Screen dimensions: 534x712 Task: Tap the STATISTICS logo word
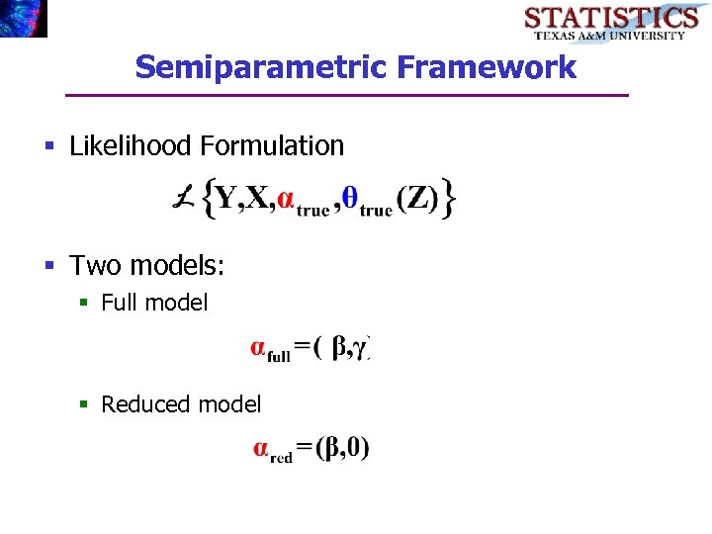610,17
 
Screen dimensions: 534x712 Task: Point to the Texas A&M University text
609,35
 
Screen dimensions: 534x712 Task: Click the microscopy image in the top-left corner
23,18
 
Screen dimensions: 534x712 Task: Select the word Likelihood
131,146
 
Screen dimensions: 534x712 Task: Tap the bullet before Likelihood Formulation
49,147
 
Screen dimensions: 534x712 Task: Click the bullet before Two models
49,266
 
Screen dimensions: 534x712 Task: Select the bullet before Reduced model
86,404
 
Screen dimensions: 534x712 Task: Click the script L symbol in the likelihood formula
183,199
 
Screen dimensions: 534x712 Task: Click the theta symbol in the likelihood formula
348,198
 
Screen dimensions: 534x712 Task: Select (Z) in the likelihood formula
416,199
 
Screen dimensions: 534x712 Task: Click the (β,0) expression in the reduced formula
342,448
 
